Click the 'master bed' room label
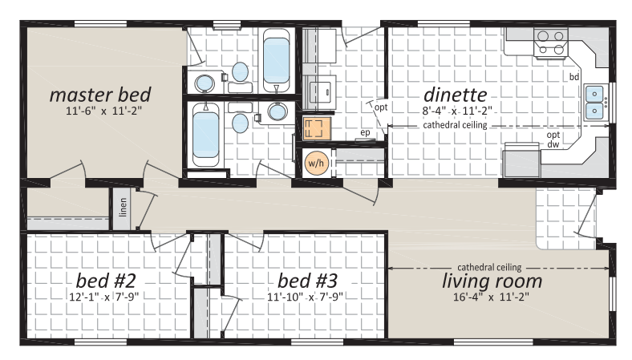(100, 95)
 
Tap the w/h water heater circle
(316, 163)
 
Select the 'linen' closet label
(123, 207)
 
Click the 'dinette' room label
(455, 95)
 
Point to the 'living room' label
(492, 281)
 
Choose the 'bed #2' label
(106, 281)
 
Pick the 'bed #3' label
(307, 281)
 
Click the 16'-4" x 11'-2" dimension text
(491, 297)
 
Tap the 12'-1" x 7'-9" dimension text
(104, 297)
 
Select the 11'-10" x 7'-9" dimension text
(305, 297)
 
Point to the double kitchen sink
(594, 102)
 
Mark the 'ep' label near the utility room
(365, 132)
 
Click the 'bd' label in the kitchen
(574, 77)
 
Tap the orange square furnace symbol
(317, 128)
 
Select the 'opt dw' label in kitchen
(553, 139)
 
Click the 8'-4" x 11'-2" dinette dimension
(457, 111)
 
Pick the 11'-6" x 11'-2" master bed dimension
(104, 111)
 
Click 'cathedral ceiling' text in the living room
(489, 267)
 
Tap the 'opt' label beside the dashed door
(381, 107)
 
